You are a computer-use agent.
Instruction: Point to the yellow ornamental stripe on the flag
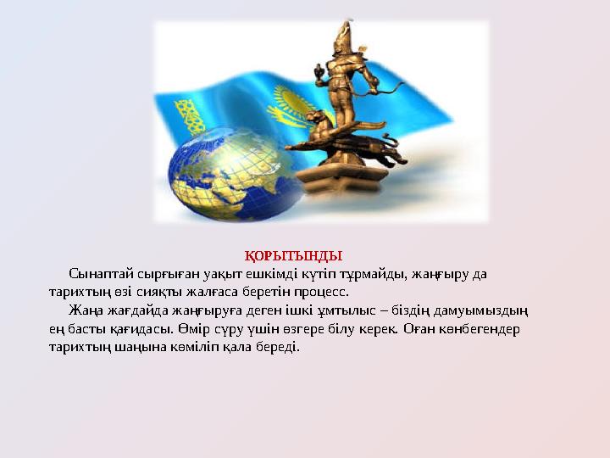[x=187, y=115]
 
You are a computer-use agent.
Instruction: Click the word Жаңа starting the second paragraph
[x=86, y=311]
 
